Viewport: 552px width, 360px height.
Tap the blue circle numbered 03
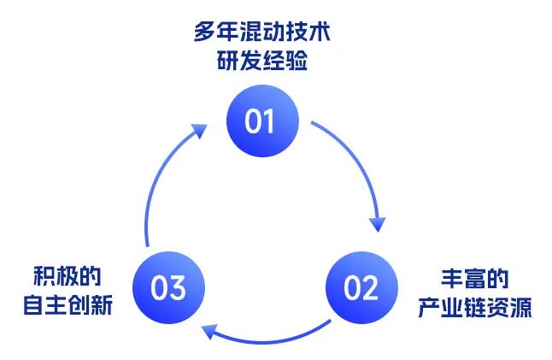(x=168, y=287)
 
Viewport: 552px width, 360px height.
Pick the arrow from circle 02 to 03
(x=265, y=337)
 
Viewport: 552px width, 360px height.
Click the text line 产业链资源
(x=475, y=307)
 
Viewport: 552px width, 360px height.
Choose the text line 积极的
(x=68, y=277)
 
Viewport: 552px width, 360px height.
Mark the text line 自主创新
(x=68, y=305)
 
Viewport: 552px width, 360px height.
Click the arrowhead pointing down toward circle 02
(x=377, y=224)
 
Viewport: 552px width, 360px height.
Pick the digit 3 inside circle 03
(x=179, y=288)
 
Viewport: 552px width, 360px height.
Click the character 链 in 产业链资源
(x=475, y=307)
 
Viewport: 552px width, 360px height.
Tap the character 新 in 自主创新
(x=102, y=305)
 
